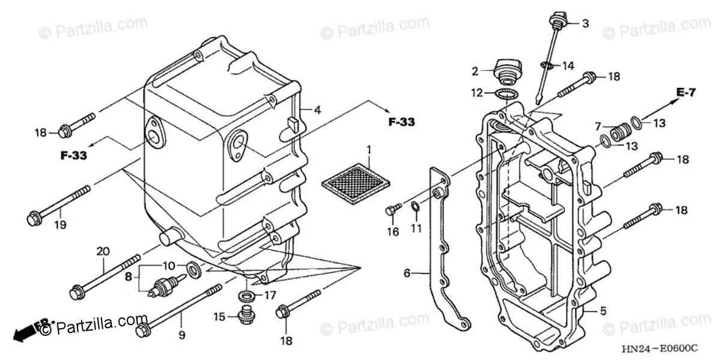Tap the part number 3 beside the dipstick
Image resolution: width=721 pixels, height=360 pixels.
585,24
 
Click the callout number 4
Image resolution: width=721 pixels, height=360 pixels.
317,110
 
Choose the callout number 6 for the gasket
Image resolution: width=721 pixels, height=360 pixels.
407,273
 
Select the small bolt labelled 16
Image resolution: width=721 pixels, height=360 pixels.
392,209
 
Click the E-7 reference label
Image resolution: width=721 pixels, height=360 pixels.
686,93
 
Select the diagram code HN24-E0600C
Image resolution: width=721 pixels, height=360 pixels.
659,348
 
